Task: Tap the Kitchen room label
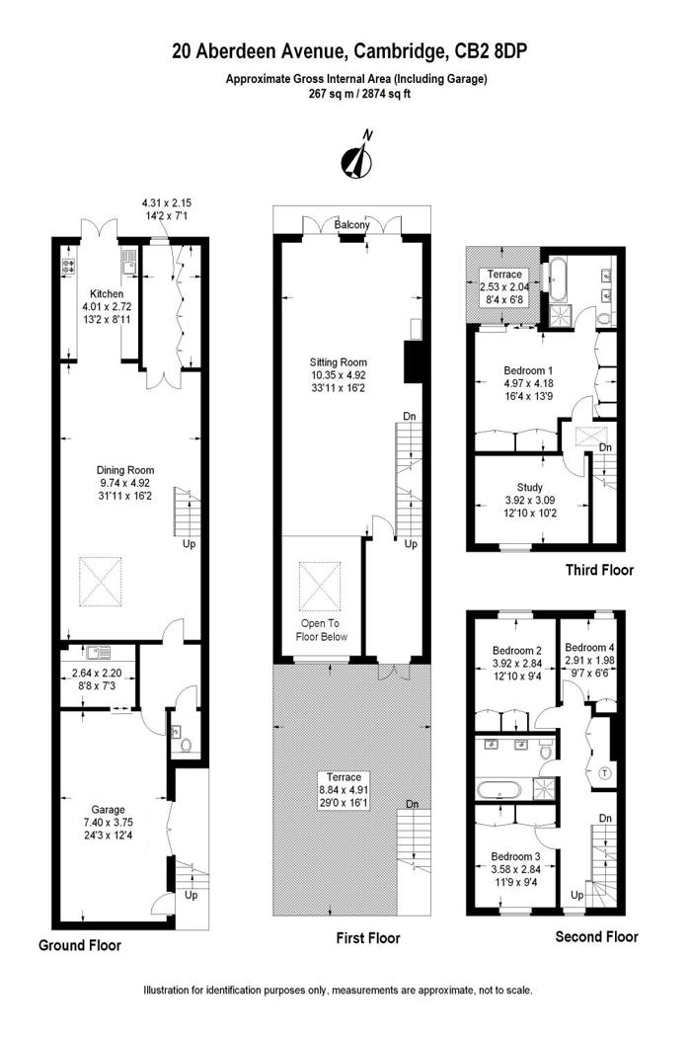(x=106, y=294)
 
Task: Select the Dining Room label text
(x=125, y=470)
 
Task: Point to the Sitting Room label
(x=338, y=363)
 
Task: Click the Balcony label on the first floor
(x=351, y=226)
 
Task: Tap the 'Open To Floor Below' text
(x=322, y=630)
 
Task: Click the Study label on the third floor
(x=530, y=487)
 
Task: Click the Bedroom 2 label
(x=517, y=651)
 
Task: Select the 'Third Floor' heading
(x=599, y=570)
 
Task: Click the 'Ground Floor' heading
(x=80, y=945)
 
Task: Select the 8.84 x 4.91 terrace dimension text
(x=341, y=790)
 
